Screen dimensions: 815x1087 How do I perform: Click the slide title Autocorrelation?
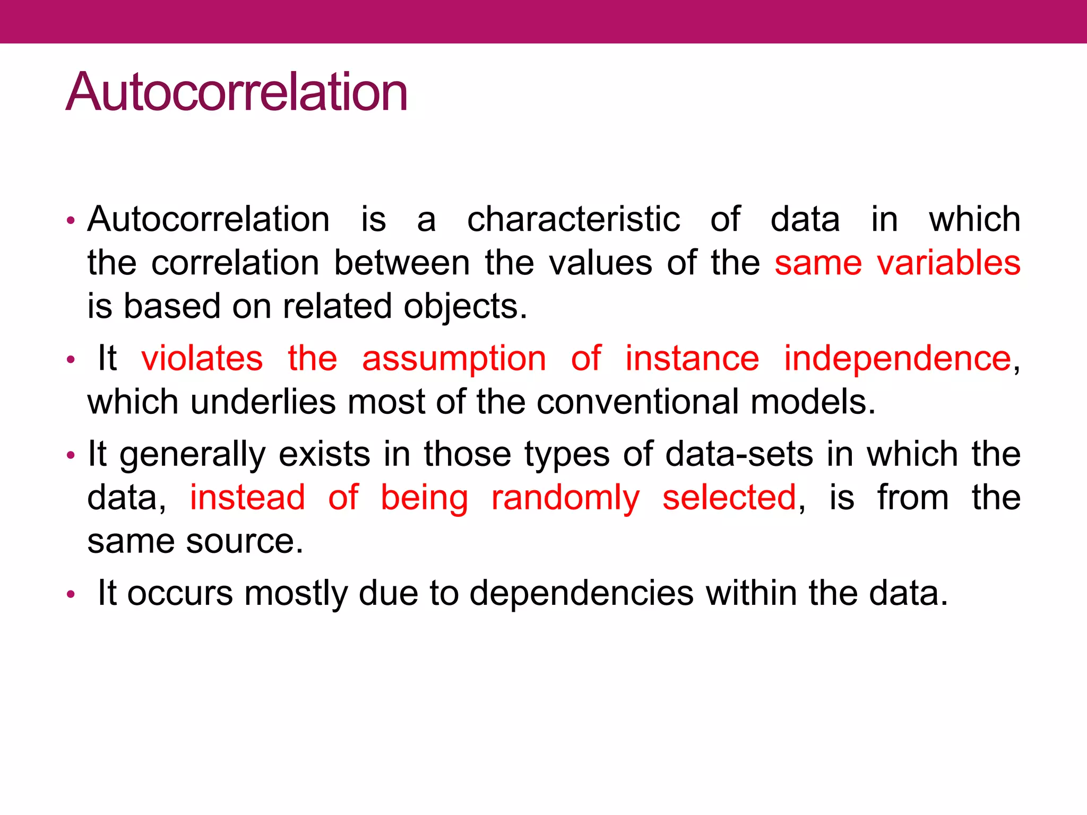(x=237, y=92)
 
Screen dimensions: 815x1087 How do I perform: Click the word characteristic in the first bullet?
(x=573, y=219)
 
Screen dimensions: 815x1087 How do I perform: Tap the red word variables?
(x=948, y=263)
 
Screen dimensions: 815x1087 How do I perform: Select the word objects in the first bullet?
(x=465, y=307)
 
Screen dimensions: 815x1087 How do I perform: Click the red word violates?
(x=202, y=358)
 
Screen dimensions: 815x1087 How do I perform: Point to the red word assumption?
(x=454, y=359)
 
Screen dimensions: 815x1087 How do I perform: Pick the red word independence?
(x=898, y=359)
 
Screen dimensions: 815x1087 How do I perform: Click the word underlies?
(x=263, y=402)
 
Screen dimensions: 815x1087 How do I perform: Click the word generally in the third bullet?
(x=192, y=455)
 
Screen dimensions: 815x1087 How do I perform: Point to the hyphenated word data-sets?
(x=738, y=455)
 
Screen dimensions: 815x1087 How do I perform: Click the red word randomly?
(x=565, y=499)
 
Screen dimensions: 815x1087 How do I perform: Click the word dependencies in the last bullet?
(x=581, y=593)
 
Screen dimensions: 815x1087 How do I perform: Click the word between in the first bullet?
(x=402, y=263)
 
